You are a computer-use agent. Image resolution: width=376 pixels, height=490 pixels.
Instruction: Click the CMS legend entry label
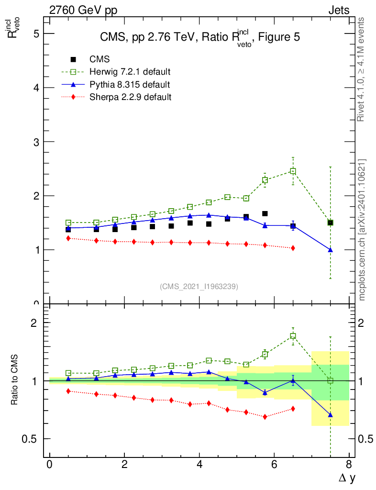coord(100,59)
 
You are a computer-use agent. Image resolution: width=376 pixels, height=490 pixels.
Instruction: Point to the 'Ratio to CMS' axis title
coord(15,381)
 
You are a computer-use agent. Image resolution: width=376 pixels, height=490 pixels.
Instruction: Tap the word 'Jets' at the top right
coord(338,10)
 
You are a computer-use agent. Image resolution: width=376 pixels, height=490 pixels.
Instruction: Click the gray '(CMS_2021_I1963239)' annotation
coord(199,286)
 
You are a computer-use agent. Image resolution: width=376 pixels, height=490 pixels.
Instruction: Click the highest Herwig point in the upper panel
coord(293,171)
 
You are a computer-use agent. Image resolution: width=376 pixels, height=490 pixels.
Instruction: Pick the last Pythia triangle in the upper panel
coord(330,250)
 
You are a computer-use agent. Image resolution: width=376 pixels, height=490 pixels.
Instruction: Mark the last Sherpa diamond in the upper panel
coord(293,248)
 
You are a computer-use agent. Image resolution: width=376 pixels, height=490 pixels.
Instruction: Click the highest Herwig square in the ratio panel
coord(293,336)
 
